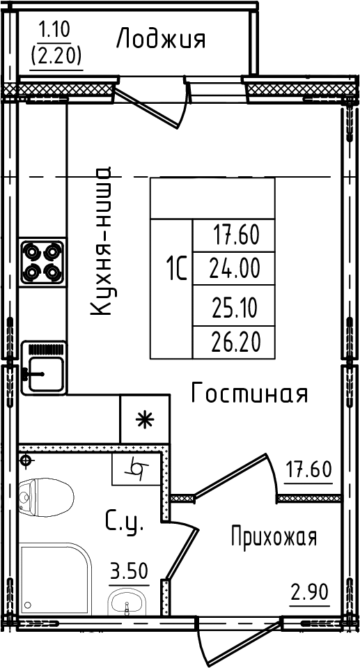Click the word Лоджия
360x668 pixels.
161,39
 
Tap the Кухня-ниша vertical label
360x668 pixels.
102,241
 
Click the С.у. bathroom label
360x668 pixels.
125,522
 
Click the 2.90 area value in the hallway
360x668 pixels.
310,592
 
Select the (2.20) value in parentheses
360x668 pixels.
56,55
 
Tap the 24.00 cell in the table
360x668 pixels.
234,269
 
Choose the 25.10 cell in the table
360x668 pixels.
234,307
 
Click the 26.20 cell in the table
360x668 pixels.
234,342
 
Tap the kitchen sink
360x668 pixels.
43,368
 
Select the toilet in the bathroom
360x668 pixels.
46,497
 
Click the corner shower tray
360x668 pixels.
55,579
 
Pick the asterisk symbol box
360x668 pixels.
144,419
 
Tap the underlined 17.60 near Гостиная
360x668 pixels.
308,471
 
